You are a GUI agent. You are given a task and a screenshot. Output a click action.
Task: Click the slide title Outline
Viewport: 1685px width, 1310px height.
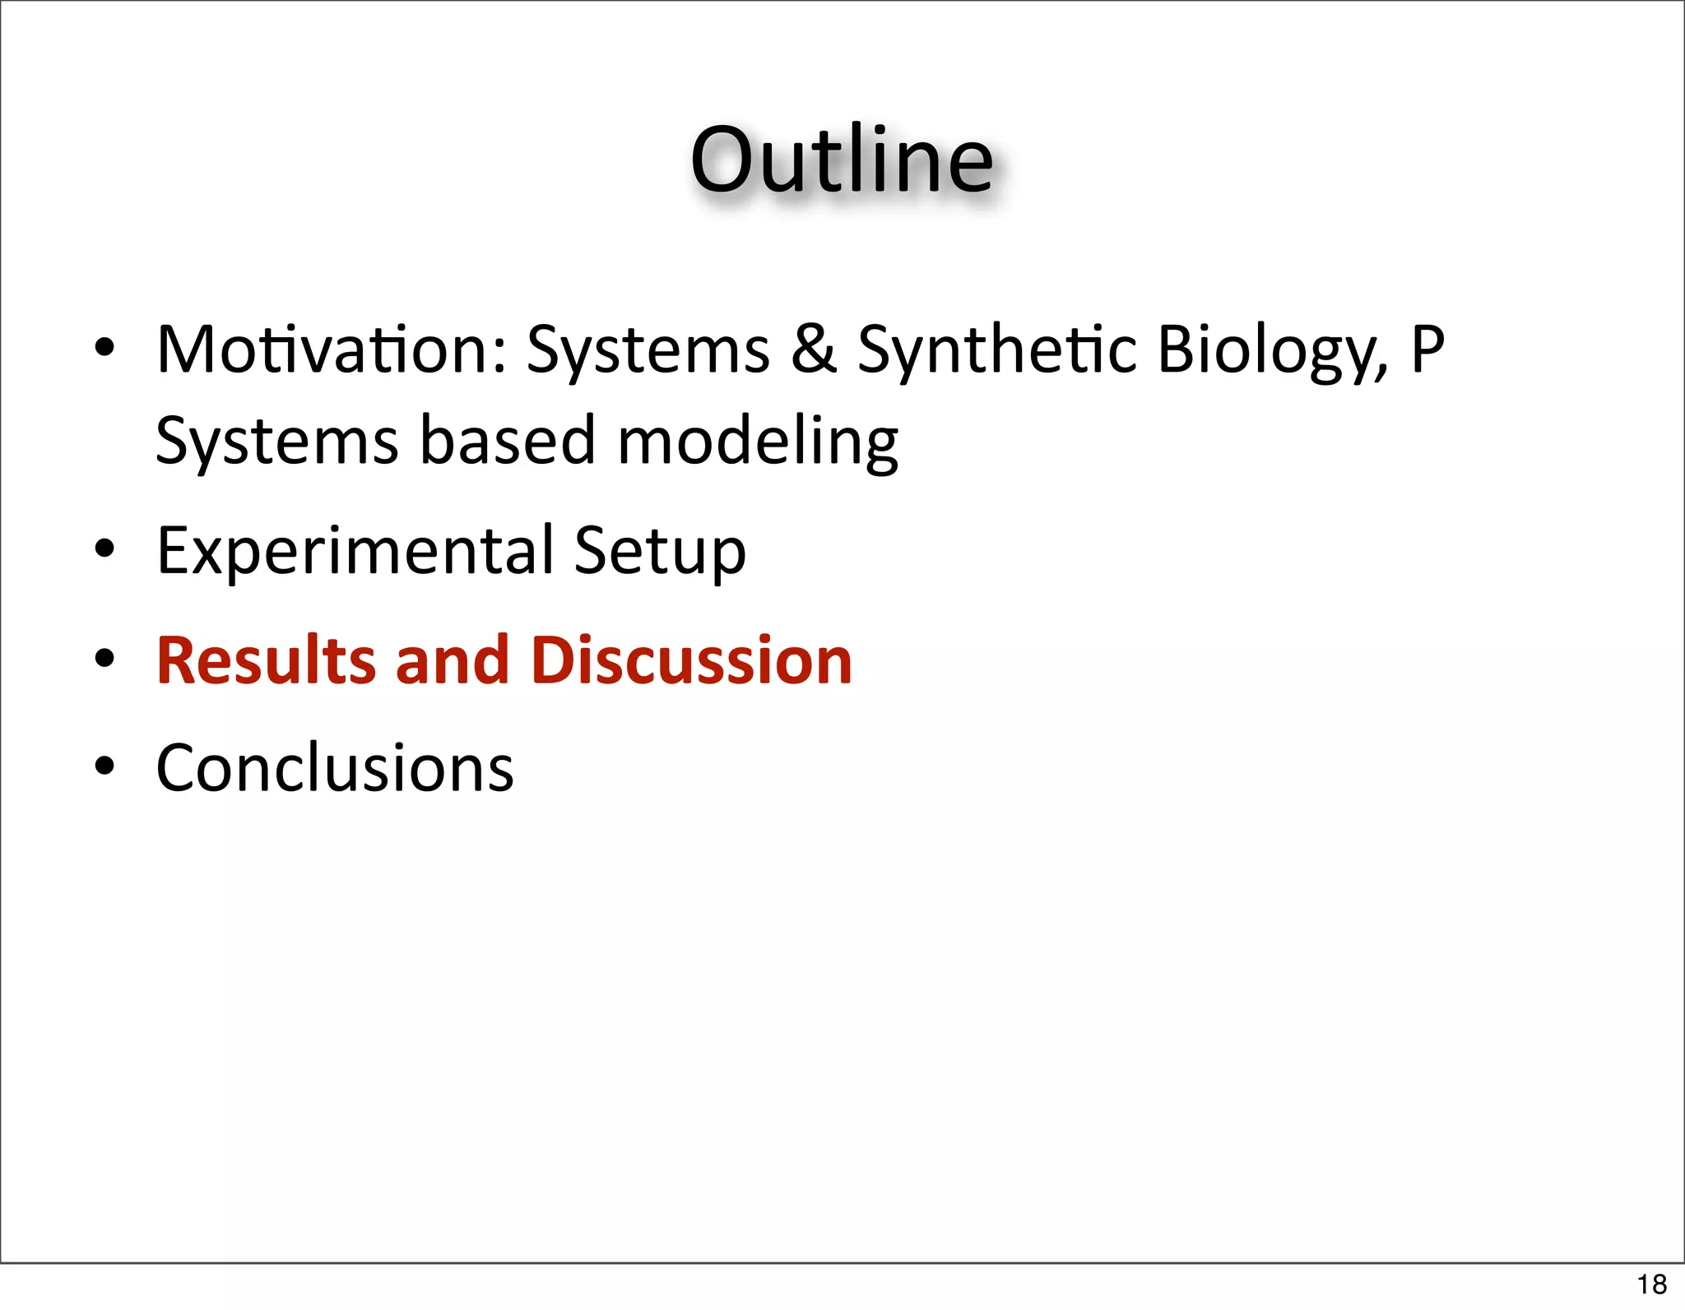tap(841, 160)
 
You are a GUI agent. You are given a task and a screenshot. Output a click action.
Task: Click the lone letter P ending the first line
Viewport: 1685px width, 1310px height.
tap(1427, 349)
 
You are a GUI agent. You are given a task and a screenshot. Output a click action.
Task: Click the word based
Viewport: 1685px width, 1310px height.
tap(507, 440)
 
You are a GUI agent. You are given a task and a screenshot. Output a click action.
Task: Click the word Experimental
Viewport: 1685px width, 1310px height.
tap(355, 551)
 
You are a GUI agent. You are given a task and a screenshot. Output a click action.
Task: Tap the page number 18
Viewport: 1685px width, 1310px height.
tap(1651, 1284)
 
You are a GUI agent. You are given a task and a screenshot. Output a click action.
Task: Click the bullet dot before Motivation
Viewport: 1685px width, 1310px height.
tap(104, 348)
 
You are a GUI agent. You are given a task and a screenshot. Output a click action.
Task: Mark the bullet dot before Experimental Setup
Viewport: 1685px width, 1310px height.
tap(104, 549)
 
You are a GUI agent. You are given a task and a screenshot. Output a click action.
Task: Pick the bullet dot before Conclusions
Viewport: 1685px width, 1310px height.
tap(104, 766)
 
